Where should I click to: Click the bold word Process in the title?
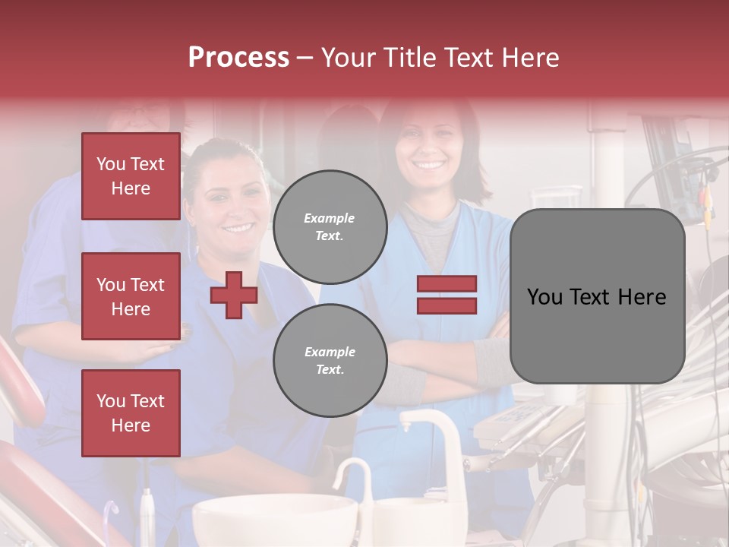[x=238, y=57]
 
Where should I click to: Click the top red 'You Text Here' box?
[x=131, y=176]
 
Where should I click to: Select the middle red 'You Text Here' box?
[x=131, y=296]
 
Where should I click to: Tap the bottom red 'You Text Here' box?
[x=131, y=413]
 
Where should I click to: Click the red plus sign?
[x=234, y=295]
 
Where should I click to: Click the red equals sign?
[x=447, y=295]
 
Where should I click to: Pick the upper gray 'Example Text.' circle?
[x=330, y=226]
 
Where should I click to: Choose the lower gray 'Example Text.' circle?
[x=330, y=360]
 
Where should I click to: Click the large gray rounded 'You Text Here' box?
[x=597, y=296]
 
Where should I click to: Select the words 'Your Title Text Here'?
[x=440, y=57]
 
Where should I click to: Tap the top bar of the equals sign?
[x=447, y=284]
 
